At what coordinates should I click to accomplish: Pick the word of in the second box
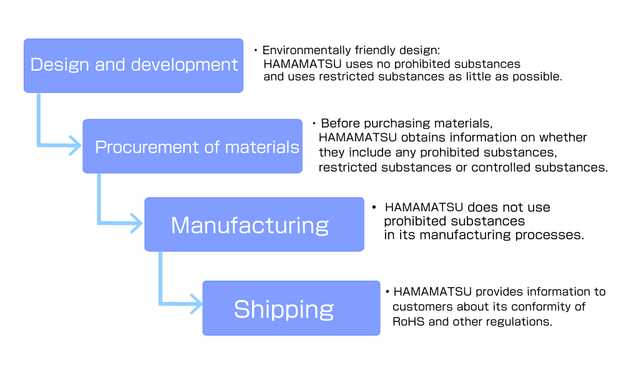(x=212, y=147)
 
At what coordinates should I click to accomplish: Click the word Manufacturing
(x=250, y=225)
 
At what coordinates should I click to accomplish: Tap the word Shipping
(x=284, y=309)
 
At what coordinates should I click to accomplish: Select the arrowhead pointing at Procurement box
(x=76, y=146)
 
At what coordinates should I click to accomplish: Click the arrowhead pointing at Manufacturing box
(x=138, y=223)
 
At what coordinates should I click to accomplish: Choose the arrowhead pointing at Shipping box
(x=197, y=304)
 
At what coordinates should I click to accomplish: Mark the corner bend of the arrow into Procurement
(x=39, y=146)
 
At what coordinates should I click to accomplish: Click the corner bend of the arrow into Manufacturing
(x=99, y=222)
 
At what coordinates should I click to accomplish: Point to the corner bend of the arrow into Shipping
(x=161, y=304)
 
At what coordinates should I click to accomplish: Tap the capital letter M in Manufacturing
(x=182, y=225)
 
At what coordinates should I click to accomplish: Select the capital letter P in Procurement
(x=100, y=147)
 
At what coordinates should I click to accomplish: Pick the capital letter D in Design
(x=36, y=64)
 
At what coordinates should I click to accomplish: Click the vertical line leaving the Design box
(x=39, y=119)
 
